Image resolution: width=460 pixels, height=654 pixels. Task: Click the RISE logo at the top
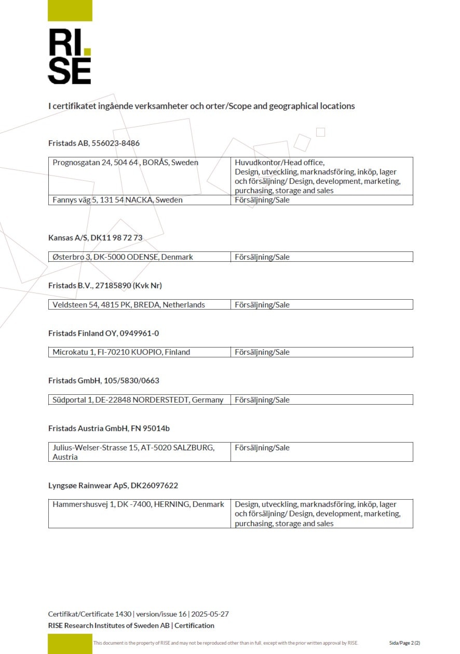(x=70, y=56)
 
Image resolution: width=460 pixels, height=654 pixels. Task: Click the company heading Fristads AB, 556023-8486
(x=94, y=143)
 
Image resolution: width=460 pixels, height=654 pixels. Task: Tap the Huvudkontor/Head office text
(x=279, y=163)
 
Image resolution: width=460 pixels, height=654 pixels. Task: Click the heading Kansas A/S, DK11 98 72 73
(x=95, y=238)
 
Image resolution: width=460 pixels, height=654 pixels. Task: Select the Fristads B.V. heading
(x=109, y=286)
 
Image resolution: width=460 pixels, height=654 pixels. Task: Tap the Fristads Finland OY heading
(x=103, y=333)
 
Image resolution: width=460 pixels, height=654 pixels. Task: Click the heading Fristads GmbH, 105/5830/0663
(x=103, y=381)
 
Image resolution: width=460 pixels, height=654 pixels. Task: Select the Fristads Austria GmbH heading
(x=109, y=429)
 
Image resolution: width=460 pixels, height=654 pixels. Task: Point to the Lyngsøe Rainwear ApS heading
(x=113, y=486)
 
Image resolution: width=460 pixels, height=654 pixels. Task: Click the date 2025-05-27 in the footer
(x=210, y=614)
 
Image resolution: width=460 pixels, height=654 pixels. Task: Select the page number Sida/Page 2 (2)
(x=404, y=643)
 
